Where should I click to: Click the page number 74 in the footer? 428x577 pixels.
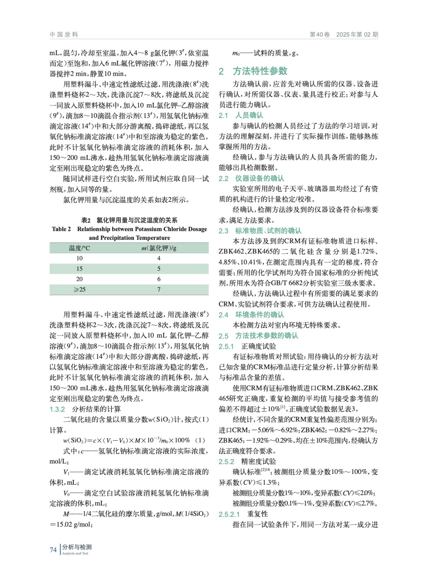point(53,550)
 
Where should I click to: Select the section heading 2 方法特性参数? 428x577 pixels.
point(253,71)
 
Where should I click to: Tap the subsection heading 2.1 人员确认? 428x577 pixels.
point(241,115)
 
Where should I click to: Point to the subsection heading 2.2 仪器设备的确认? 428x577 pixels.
point(251,178)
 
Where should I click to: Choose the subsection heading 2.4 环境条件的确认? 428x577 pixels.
point(251,315)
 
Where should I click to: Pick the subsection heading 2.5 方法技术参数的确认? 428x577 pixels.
point(258,336)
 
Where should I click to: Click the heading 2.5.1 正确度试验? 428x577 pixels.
point(247,346)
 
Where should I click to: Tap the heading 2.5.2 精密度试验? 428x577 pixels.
point(247,462)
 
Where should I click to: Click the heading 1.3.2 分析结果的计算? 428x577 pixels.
point(85,409)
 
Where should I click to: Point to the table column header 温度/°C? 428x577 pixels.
point(79,248)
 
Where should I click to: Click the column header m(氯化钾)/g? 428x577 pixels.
point(159,248)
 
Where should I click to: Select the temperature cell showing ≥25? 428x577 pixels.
point(79,290)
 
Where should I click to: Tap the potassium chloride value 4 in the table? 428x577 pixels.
point(159,258)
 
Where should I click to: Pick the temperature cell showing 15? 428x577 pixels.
point(79,269)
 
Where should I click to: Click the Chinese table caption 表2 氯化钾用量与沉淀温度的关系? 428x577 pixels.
point(129,220)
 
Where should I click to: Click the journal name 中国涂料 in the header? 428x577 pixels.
point(64,35)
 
